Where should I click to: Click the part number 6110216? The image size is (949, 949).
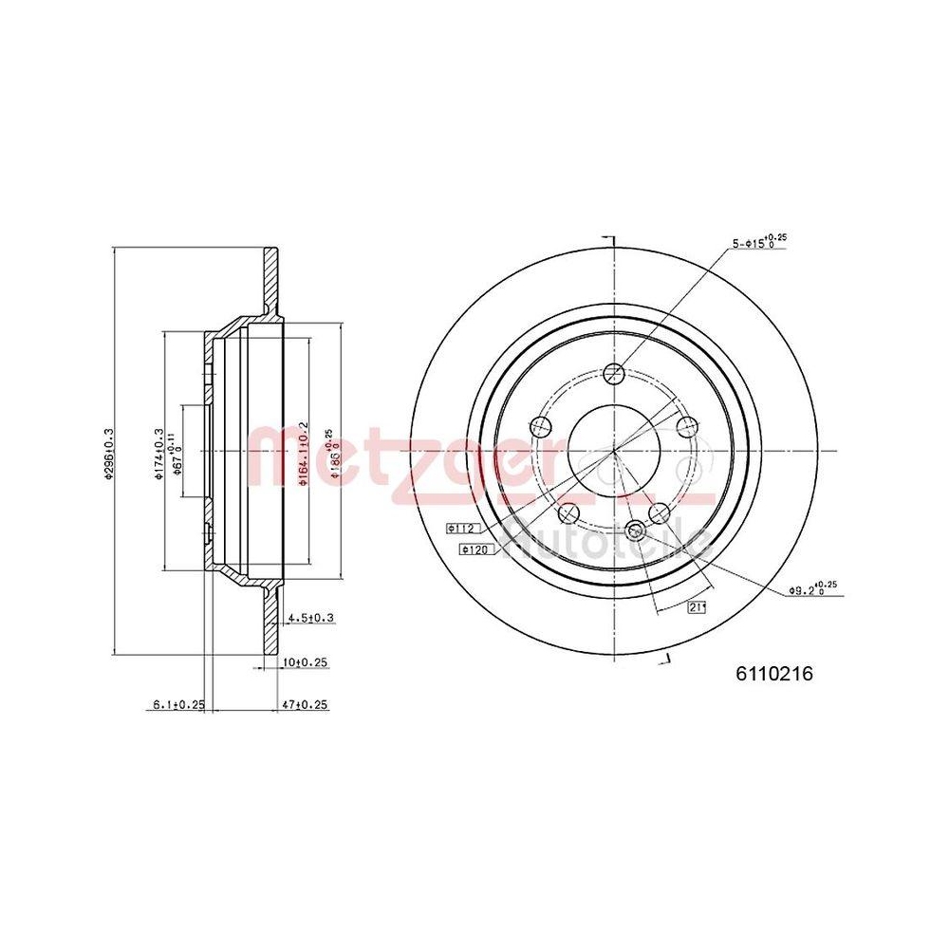[x=775, y=674]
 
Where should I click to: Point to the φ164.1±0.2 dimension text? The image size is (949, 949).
[x=303, y=453]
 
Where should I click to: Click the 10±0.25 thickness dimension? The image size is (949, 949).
[x=306, y=662]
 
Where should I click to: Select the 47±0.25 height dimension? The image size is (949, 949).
[x=306, y=704]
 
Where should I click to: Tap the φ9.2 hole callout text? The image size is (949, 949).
[x=812, y=589]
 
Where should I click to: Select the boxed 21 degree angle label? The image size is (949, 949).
[x=698, y=608]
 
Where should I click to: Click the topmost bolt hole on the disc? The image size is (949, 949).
[x=614, y=372]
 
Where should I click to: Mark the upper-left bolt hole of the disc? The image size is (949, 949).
[x=542, y=425]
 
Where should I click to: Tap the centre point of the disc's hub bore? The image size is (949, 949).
[x=614, y=450]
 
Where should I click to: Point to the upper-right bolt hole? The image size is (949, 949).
[x=686, y=425]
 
